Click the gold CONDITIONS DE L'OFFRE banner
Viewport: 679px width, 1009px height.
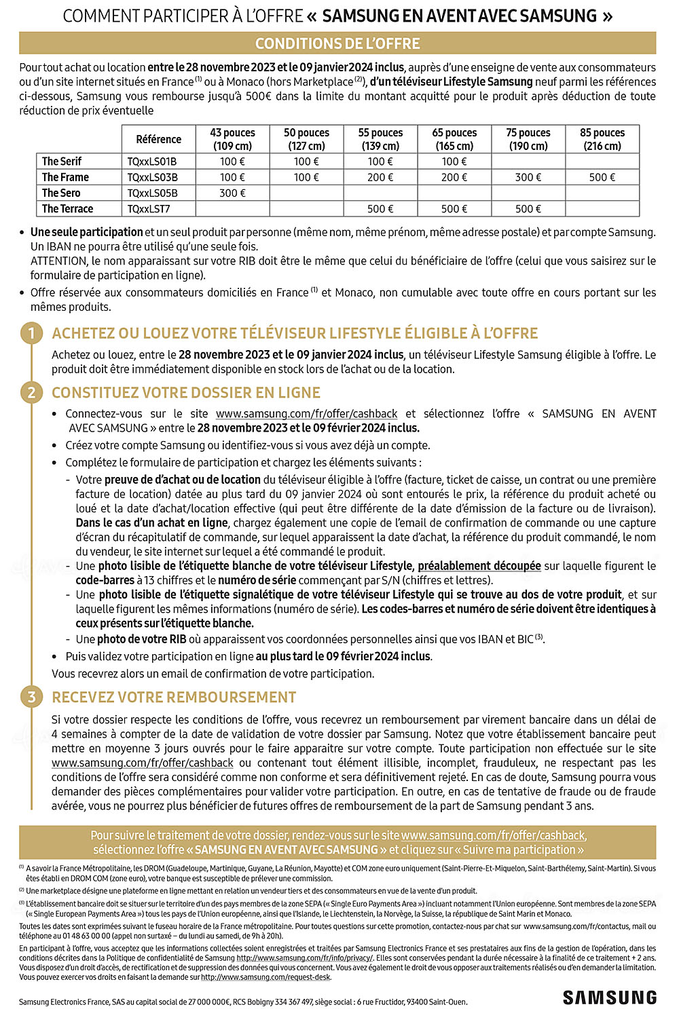[337, 43]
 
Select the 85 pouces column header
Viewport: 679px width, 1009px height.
[602, 139]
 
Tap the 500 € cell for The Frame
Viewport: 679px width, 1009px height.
[602, 177]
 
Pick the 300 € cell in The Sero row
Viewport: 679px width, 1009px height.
[232, 193]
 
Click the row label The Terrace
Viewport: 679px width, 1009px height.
[67, 209]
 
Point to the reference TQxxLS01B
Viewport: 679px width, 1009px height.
[152, 161]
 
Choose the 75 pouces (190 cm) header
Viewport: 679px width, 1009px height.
[528, 139]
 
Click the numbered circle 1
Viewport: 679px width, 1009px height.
[31, 333]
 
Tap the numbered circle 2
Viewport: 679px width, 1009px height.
[31, 392]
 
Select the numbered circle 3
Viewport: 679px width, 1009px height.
[31, 697]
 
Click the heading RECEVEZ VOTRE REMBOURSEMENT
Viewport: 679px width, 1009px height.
[174, 698]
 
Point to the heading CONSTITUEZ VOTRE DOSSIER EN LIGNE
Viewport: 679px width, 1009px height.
[186, 393]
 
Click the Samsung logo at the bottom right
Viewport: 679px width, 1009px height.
[609, 997]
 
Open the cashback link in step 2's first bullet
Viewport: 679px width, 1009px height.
[306, 414]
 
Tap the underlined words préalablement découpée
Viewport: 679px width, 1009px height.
[479, 566]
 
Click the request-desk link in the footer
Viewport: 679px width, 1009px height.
[265, 977]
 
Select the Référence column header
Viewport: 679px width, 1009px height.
[158, 139]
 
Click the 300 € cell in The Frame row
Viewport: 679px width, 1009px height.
[528, 177]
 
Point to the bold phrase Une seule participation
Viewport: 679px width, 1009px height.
[87, 232]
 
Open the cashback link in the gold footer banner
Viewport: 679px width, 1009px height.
[493, 836]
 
